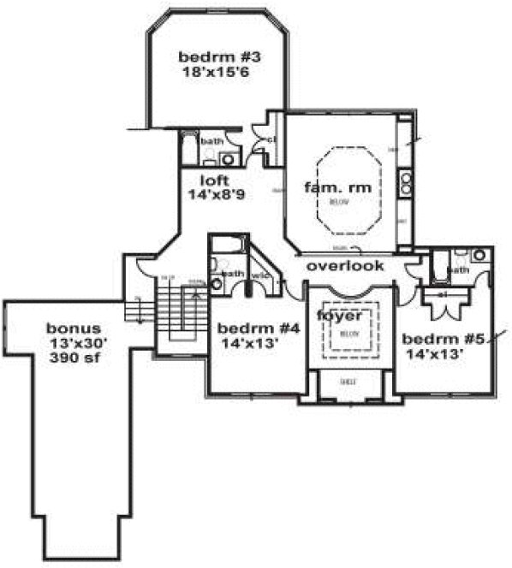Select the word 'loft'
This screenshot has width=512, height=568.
click(x=213, y=180)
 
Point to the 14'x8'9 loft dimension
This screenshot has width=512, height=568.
click(x=217, y=195)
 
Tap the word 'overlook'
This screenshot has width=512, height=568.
click(x=346, y=266)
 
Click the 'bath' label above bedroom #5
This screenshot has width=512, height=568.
click(x=458, y=270)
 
